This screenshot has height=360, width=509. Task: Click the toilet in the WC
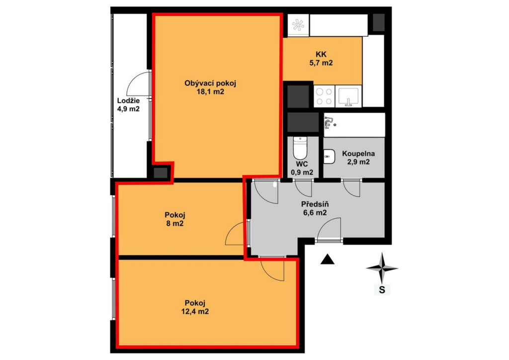pos(300,148)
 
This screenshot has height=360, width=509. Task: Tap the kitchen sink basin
pos(348,96)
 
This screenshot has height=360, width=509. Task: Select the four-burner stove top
pos(324,96)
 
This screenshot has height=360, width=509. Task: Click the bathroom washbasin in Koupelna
pos(329,157)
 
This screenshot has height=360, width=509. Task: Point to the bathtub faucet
pos(330,122)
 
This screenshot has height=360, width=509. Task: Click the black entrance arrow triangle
pos(327,259)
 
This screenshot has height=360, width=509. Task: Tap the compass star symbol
pos(382,268)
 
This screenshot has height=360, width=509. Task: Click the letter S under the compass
pos(382,289)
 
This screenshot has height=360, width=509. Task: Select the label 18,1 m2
pos(210,91)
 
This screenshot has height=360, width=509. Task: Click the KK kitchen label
pos(321,55)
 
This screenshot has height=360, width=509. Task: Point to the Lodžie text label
pos(129,100)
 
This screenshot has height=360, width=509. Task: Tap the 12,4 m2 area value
pos(195,312)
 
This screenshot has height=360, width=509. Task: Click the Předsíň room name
pos(315,204)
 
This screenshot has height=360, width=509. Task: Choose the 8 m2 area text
pos(175,224)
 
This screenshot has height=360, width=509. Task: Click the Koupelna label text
pos(358,154)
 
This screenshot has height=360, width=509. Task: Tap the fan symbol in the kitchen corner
pos(298,25)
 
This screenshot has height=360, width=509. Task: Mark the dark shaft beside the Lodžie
pos(161,173)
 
